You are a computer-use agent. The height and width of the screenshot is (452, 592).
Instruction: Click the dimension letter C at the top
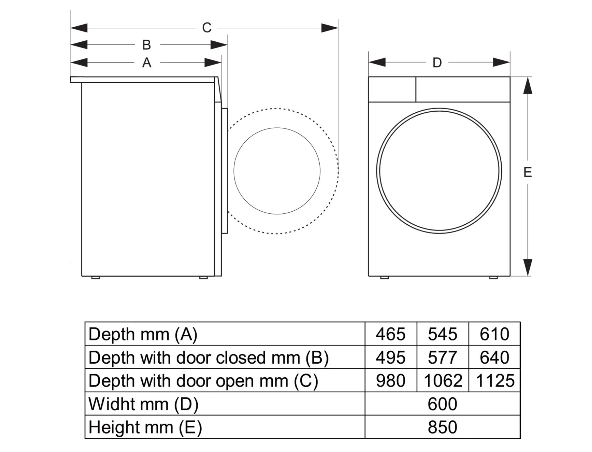click(207, 28)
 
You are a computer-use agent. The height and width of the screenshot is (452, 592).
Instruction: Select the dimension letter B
click(147, 45)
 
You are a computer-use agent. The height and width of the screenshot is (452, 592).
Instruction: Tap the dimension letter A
click(147, 63)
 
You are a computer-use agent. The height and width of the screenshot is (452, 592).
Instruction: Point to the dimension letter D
click(437, 63)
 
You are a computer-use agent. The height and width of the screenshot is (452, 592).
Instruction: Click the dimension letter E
click(528, 172)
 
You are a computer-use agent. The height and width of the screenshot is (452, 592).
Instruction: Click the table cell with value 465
click(390, 334)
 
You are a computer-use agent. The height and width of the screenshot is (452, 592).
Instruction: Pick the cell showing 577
click(442, 357)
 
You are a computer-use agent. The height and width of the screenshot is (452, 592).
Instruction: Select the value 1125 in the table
click(495, 381)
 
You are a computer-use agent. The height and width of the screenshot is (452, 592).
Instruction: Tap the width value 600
click(442, 404)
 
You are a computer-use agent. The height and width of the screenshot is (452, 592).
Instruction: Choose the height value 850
click(442, 427)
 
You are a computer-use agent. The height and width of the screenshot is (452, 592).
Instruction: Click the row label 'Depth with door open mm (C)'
click(203, 381)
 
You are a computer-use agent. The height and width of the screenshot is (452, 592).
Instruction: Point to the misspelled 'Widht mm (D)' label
click(143, 404)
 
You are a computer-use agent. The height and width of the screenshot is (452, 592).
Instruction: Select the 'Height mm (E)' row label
click(145, 427)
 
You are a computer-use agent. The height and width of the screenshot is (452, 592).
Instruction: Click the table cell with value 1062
click(443, 381)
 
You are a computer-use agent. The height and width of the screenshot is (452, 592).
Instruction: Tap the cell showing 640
click(494, 357)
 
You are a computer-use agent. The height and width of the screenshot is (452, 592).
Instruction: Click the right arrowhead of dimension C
click(330, 28)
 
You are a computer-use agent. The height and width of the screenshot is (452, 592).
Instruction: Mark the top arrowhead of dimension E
click(528, 86)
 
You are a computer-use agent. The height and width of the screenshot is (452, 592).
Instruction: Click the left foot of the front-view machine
click(384, 277)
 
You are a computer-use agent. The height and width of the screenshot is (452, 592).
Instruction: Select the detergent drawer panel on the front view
click(392, 89)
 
